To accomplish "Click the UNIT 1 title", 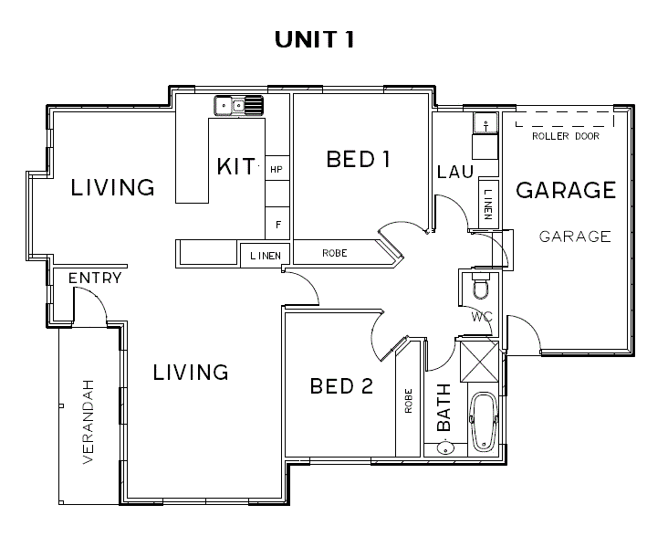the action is point(315,39).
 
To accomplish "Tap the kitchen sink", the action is point(238,105).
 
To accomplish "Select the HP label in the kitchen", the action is point(277,170).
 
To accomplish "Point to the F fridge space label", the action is point(278,225).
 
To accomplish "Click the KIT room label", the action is point(236,166).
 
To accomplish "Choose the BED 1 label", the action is point(359,160).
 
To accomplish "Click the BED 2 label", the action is point(341,386).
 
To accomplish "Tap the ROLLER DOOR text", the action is point(566,136).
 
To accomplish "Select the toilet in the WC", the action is point(482,284).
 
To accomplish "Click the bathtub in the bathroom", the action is point(483,421).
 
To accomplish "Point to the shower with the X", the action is point(479,362).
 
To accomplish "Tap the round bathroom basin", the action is point(445,448).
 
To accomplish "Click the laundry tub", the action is point(485,123).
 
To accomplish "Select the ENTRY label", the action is point(95,279).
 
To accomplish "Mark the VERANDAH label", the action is point(89,422).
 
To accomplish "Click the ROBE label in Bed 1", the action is point(334,253).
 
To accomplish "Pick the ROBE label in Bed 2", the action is point(409,401).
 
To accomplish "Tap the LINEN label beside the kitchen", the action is point(266,256).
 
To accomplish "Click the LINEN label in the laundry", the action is point(488,205).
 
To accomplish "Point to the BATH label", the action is point(444,407).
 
